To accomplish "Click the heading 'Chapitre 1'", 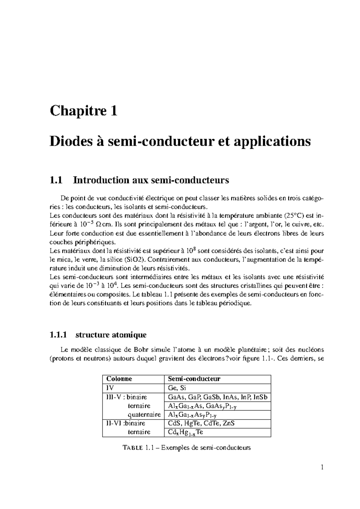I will (x=83, y=111).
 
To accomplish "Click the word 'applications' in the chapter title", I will (x=277, y=141).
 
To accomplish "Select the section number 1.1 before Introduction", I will (x=56, y=180).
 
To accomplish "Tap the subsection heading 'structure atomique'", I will (x=111, y=335).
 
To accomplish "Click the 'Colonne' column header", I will (x=119, y=379).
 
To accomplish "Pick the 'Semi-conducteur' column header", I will (x=194, y=379).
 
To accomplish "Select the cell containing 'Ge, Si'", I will (x=177, y=388).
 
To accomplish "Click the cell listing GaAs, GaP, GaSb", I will (x=217, y=397).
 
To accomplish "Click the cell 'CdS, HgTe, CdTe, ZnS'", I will (x=201, y=423).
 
